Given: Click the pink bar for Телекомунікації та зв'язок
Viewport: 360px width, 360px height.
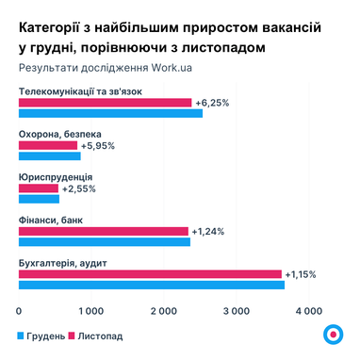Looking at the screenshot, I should [x=105, y=103].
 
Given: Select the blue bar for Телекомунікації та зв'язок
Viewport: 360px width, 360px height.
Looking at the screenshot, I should [x=110, y=113].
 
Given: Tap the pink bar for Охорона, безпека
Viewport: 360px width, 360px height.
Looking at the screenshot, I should [x=48, y=146].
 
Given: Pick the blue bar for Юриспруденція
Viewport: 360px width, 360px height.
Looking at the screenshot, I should [x=39, y=199].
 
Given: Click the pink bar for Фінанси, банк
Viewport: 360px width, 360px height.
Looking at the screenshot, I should [x=103, y=231].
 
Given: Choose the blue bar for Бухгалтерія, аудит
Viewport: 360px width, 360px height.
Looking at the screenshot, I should [x=151, y=285].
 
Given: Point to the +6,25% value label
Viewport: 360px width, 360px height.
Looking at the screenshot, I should [x=212, y=103].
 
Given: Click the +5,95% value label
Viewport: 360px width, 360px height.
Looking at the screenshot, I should [x=98, y=146].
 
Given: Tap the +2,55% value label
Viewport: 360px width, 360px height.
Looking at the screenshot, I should [x=78, y=188].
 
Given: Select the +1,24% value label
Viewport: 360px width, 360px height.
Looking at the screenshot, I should [x=207, y=231].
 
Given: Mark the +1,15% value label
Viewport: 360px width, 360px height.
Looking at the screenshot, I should [x=300, y=274].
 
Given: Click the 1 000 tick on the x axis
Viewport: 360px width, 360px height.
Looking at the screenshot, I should [x=90, y=309].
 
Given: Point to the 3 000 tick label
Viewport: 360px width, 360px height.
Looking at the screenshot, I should [x=236, y=309].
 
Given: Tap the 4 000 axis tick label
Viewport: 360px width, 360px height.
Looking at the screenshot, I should [x=308, y=309].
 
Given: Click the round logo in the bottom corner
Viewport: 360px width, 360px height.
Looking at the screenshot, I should [x=332, y=335].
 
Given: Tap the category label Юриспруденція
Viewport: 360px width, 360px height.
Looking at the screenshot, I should [x=55, y=177].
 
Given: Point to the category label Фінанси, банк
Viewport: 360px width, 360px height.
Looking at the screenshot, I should [x=50, y=220].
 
